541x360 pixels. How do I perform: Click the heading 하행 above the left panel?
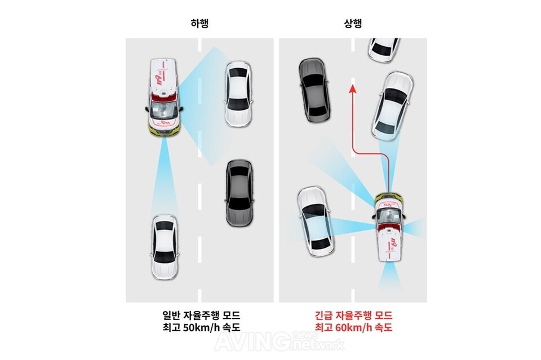[199, 24]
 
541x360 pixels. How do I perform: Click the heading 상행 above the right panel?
[353, 24]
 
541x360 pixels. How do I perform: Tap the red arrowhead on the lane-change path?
[352, 90]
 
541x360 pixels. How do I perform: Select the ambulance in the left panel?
[164, 97]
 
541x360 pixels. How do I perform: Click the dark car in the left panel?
[239, 193]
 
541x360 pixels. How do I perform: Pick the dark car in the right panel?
[314, 91]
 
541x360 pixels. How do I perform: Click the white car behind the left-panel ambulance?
[165, 247]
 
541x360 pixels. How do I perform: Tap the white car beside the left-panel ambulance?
[238, 94]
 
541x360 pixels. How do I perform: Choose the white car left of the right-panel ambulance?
[316, 222]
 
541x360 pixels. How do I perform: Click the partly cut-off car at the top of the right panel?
[384, 50]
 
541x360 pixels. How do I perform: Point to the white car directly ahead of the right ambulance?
[392, 106]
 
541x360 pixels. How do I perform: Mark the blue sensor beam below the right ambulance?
[390, 276]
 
